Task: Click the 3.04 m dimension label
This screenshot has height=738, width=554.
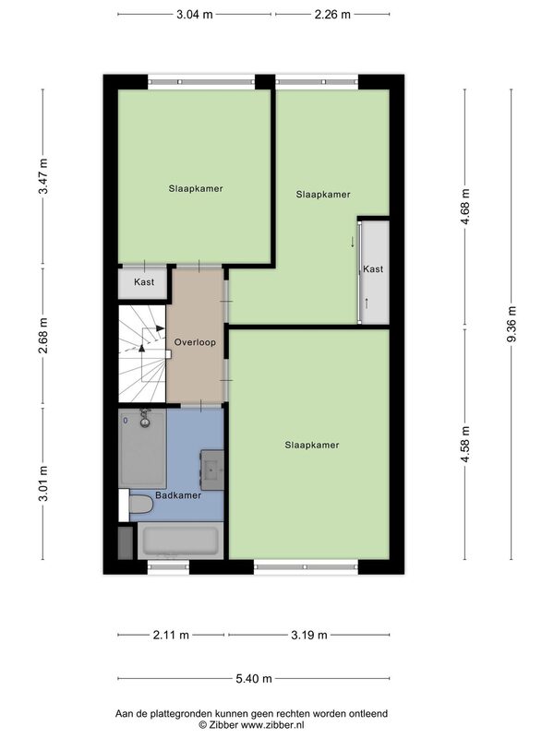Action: point(195,15)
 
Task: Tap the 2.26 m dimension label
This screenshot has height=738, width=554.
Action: point(332,15)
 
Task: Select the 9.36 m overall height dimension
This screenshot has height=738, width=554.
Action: point(512,325)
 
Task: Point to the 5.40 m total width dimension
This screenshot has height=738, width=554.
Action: point(254,678)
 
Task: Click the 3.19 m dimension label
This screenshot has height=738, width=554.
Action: point(309,635)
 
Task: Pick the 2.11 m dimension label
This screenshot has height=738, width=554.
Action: point(171,635)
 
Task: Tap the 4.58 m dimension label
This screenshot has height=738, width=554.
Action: point(465,444)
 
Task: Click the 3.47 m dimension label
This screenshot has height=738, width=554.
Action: point(43,176)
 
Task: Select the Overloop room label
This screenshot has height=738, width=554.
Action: point(195,342)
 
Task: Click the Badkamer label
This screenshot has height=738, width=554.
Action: point(178,495)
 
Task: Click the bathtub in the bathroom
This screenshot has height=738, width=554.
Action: point(180,541)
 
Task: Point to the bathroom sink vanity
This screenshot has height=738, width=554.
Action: point(212,470)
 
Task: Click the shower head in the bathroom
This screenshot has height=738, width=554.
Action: point(145,419)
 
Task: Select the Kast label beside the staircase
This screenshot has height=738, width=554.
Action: point(144,282)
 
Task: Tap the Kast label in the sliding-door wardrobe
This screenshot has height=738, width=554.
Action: point(373,269)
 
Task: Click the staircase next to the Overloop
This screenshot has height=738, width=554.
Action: point(142,354)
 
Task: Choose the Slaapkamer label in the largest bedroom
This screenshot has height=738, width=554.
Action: point(312,445)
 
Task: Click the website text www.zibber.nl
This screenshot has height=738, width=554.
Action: point(272,725)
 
